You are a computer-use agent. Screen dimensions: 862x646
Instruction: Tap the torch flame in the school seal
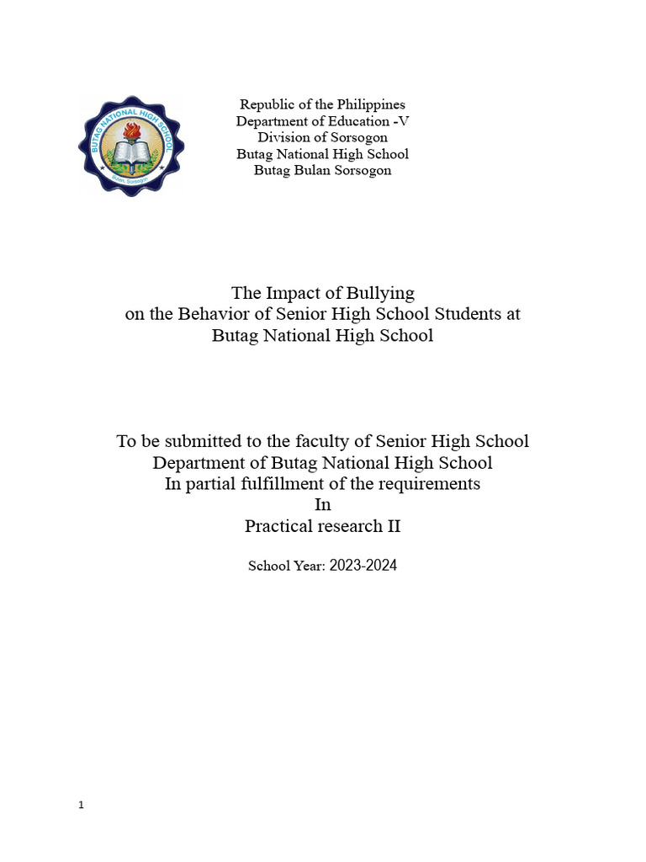point(130,130)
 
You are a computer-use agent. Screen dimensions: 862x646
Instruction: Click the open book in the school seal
point(130,153)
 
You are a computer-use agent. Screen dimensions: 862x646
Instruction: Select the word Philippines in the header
point(371,104)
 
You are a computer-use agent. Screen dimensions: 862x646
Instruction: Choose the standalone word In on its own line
point(323,504)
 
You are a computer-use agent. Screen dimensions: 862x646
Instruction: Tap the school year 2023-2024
point(363,566)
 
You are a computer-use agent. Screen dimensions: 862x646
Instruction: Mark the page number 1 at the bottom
point(81,805)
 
